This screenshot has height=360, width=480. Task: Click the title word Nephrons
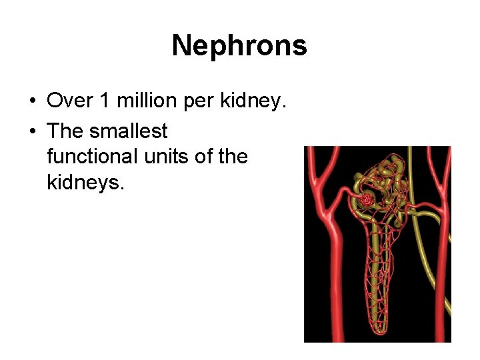pos(239,46)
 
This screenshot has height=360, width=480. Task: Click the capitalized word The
pos(65,131)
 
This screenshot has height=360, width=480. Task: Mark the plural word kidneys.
pos(85,182)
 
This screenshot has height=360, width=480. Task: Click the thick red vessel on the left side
pos(329,267)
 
